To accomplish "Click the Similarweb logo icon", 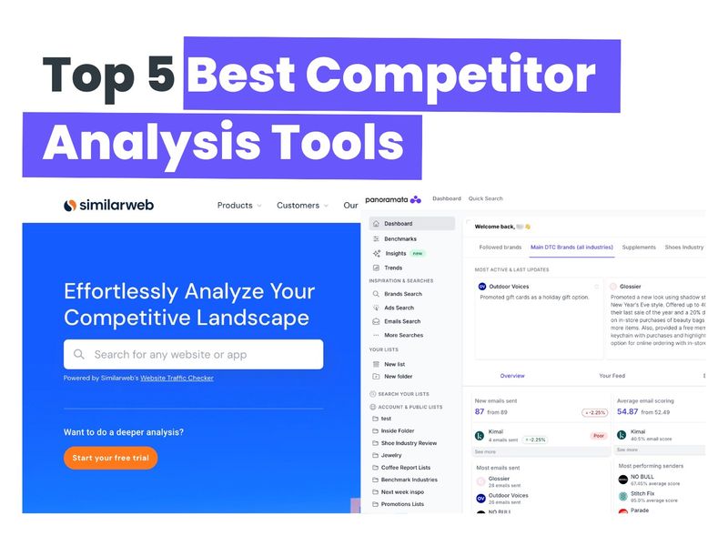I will (69, 206).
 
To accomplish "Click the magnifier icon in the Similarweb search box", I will (79, 354).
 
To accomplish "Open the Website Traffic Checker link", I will (177, 378).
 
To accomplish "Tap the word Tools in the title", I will (340, 143).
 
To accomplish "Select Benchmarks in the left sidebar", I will (399, 238).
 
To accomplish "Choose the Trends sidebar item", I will (393, 268).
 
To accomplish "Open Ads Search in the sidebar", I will (399, 308).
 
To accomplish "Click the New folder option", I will (398, 376).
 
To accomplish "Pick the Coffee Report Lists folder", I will (406, 467).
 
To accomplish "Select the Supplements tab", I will (639, 247).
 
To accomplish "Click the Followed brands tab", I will (500, 247).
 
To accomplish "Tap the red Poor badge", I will (598, 436).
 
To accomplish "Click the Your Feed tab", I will (612, 375).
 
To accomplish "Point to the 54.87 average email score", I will (628, 411).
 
